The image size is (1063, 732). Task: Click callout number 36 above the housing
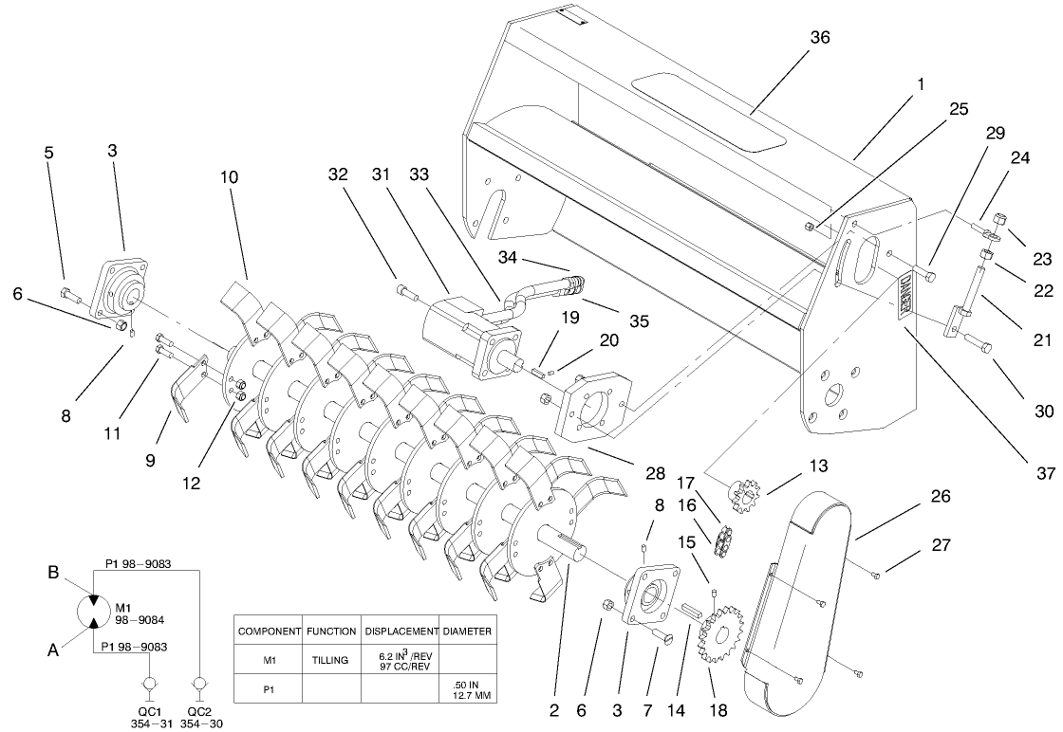[x=819, y=37]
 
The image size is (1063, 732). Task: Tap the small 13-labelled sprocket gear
[x=745, y=494]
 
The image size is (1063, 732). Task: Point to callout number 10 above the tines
[x=231, y=177]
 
